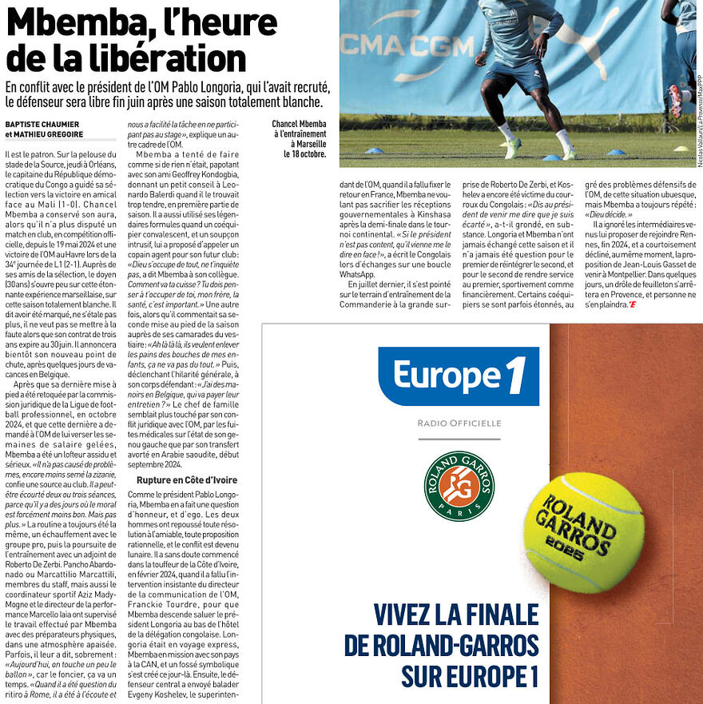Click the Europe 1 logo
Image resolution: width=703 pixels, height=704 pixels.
459,376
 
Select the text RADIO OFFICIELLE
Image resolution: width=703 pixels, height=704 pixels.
459,423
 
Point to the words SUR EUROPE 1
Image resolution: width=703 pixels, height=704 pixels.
470,675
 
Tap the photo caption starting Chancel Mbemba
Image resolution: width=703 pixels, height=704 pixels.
300,134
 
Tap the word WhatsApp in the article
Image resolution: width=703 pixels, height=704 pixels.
357,274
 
